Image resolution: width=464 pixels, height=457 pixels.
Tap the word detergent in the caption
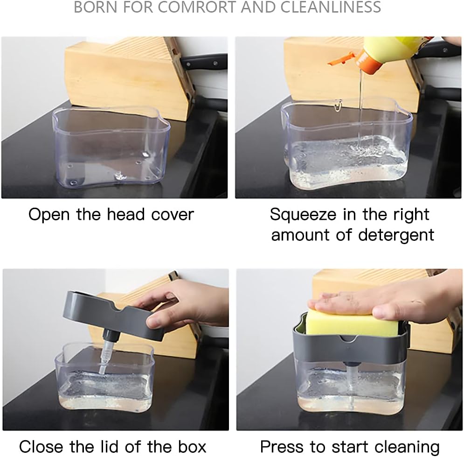[x=396, y=235]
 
